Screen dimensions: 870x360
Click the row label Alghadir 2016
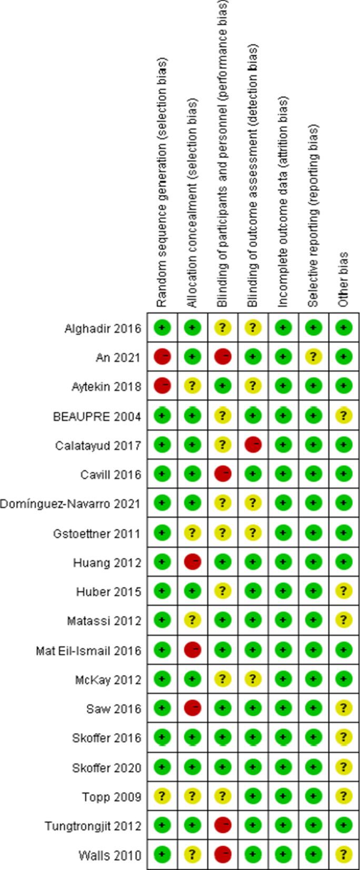coord(103,328)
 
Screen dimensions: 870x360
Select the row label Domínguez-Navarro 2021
coord(70,504)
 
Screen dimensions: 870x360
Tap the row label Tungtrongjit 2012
coord(93,826)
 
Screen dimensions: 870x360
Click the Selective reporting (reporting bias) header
coord(313,216)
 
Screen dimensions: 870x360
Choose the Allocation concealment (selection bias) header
coord(192,203)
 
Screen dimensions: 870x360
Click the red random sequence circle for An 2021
coord(162,357)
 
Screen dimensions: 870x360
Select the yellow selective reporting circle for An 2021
coord(314,357)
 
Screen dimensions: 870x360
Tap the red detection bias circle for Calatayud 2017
coord(253,445)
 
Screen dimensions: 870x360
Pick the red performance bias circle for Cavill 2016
coord(223,474)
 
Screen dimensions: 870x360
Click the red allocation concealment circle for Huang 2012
coord(193,562)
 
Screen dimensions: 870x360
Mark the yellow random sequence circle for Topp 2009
coord(162,796)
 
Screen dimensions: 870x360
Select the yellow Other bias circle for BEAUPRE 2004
coord(344,416)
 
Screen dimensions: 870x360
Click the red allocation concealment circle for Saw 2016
coord(193,708)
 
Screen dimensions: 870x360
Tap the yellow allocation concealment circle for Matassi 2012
coord(193,621)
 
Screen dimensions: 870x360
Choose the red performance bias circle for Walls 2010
coord(223,855)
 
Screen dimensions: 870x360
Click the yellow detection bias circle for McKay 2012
coord(253,679)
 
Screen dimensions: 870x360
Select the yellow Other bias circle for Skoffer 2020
coord(344,767)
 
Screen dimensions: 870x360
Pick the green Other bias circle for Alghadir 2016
coord(344,328)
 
